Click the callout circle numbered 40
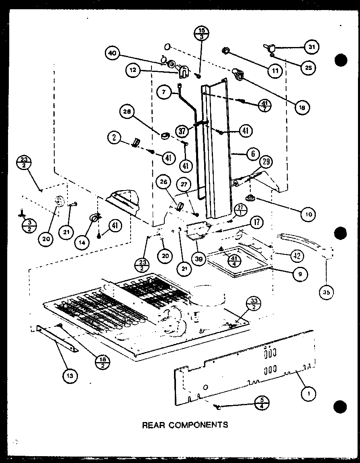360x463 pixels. click(113, 54)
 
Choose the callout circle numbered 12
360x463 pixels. click(133, 71)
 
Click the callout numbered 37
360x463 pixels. click(183, 131)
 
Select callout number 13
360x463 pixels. click(70, 376)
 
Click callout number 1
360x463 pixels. click(309, 395)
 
